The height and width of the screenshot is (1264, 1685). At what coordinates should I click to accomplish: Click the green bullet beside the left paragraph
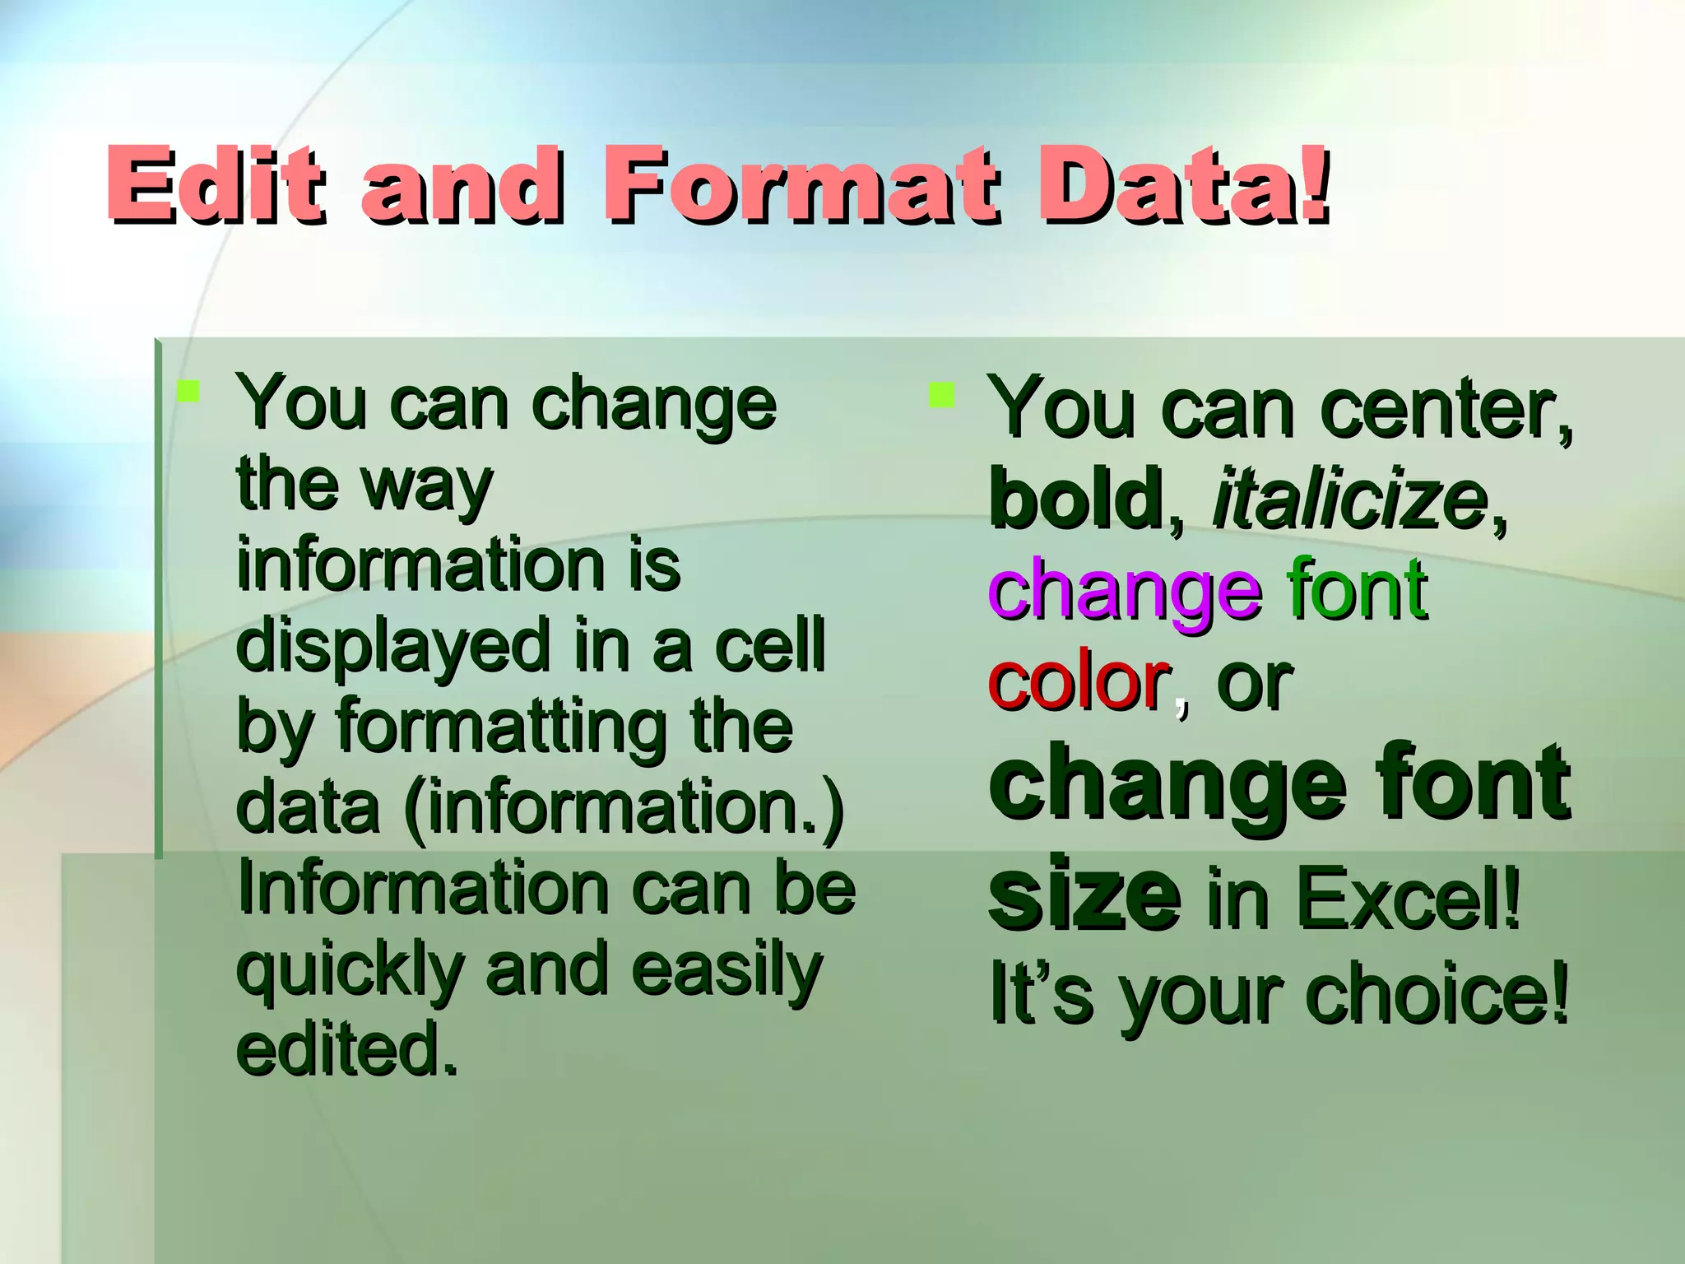point(188,391)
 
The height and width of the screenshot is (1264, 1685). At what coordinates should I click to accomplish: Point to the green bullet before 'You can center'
point(941,395)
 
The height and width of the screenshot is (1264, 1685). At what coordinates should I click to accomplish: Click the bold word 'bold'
point(1075,499)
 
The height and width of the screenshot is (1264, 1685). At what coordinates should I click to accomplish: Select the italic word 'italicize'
point(1350,499)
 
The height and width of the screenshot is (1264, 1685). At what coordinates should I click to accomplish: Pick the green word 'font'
point(1358,589)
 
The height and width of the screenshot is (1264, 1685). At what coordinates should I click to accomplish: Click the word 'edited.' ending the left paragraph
point(346,1050)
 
